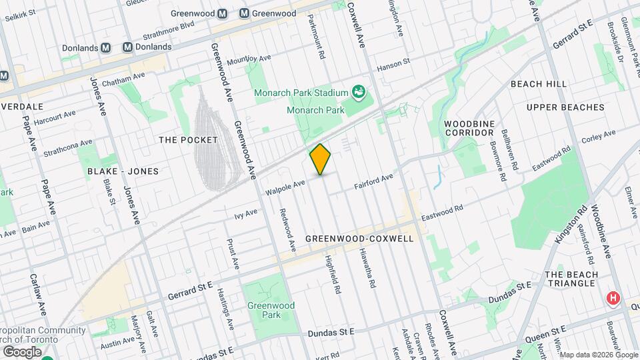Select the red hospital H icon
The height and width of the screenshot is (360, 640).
click(x=612, y=298)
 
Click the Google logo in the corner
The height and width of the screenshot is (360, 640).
click(x=22, y=351)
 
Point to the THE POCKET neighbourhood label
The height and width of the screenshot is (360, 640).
click(x=188, y=140)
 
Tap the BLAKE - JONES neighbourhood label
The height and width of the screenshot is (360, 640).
click(x=123, y=171)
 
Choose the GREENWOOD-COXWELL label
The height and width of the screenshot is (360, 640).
click(x=359, y=238)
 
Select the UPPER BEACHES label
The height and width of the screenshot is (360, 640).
click(x=565, y=107)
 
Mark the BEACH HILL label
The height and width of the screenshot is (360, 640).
click(x=538, y=84)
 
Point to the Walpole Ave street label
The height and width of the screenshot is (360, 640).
click(x=285, y=187)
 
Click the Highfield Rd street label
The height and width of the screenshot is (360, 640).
click(x=333, y=276)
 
